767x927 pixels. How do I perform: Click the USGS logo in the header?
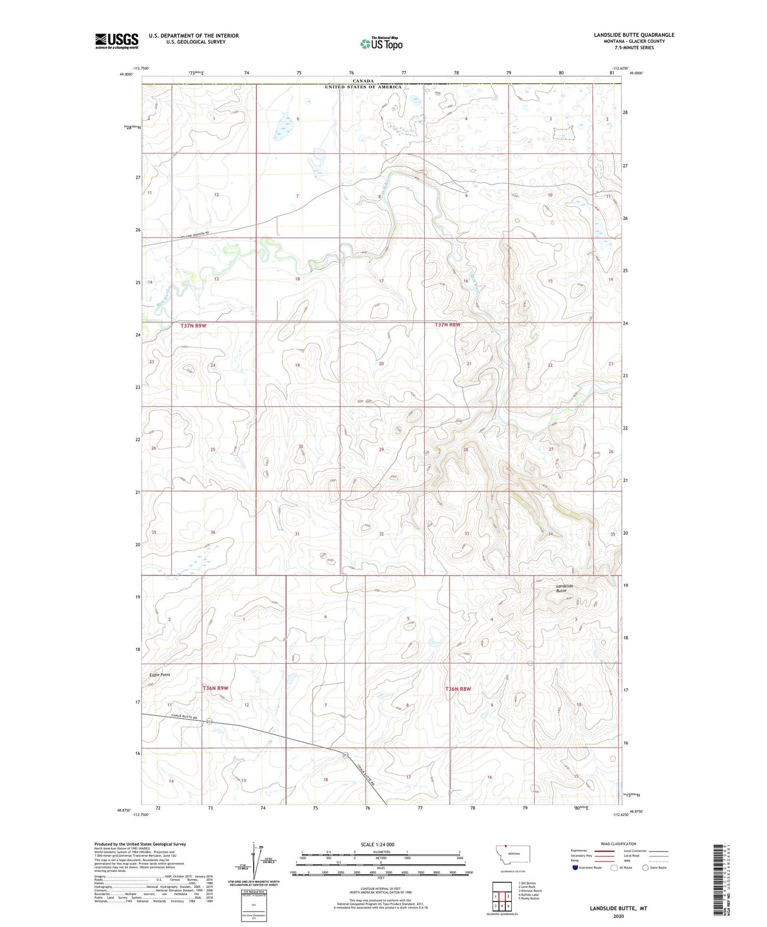click(116, 41)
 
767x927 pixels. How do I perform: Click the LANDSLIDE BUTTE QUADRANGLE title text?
click(634, 35)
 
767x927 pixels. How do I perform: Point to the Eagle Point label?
click(159, 675)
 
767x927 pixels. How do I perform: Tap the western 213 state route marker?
click(209, 722)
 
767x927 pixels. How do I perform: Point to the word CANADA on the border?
click(364, 81)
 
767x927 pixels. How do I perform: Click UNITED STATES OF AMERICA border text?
click(363, 87)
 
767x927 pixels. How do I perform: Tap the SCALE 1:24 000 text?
click(377, 844)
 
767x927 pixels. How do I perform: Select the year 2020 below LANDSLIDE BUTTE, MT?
click(618, 916)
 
